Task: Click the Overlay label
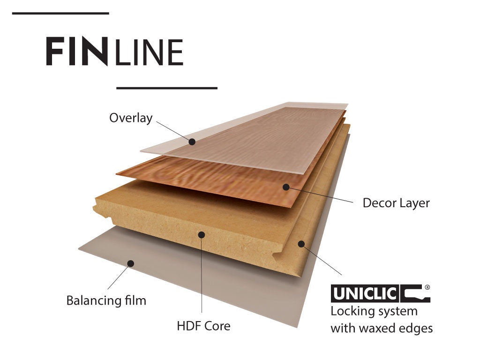pos(131,118)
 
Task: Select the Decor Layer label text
pos(396,203)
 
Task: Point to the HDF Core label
pos(203,325)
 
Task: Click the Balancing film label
pos(106,300)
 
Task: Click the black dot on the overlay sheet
pos(192,141)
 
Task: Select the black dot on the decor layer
pos(285,187)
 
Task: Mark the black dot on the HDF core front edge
pos(202,234)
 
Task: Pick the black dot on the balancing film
pos(131,263)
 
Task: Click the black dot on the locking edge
pos(301,244)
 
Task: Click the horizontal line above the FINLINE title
pos(60,14)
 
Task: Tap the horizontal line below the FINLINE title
pos(166,88)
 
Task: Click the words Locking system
pos(374,311)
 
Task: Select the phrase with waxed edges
pos(382,328)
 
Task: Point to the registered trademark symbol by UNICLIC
pos(427,286)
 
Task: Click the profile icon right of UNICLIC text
pos(415,294)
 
